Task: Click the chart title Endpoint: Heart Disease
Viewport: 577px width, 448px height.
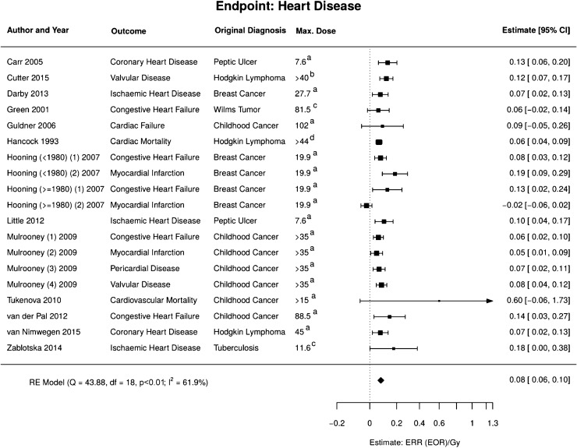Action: click(x=288, y=9)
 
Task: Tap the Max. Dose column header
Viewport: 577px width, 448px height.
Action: click(x=315, y=30)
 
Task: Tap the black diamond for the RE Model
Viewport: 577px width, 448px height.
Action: click(x=381, y=380)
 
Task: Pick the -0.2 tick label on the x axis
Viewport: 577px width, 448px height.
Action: click(x=337, y=423)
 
